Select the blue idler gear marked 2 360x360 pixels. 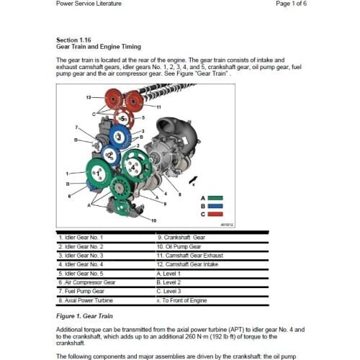tap(110, 154)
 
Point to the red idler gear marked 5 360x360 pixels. tap(124, 117)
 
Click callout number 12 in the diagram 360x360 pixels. tap(88, 96)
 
